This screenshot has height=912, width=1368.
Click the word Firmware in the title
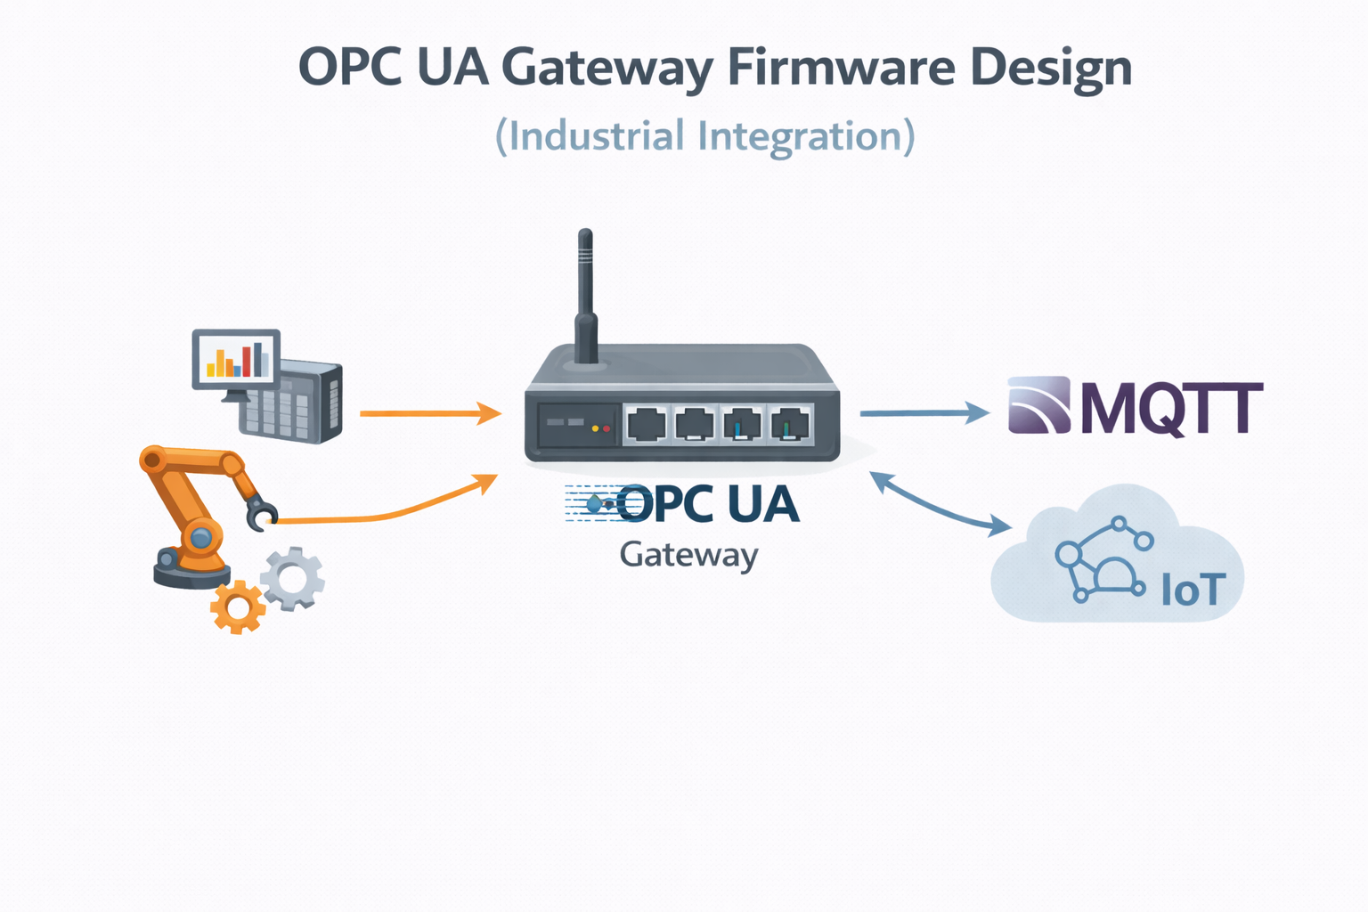click(x=841, y=68)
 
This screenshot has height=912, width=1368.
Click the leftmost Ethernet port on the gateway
click(x=646, y=424)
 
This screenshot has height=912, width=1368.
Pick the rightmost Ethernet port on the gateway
click(x=789, y=424)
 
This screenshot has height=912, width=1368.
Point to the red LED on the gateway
click(x=607, y=428)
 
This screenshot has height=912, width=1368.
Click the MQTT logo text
click(x=1171, y=409)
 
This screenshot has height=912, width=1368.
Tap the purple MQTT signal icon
click(x=1038, y=405)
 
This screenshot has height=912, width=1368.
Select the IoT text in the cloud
click(x=1193, y=590)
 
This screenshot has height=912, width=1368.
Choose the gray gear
click(x=292, y=578)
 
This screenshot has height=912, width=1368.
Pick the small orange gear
click(x=238, y=607)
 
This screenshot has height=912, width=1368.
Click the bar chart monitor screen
click(x=236, y=358)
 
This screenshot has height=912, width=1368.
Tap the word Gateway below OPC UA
click(x=688, y=555)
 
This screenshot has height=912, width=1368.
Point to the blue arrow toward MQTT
click(x=923, y=412)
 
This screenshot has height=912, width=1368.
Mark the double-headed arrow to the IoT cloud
click(x=940, y=504)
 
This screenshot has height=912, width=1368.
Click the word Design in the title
click(x=1051, y=68)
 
